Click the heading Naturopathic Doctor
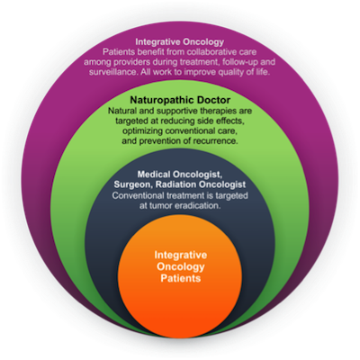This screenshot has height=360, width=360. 180,100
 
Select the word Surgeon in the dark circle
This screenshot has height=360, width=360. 133,184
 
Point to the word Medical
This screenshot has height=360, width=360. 153,174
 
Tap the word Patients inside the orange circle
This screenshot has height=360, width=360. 180,278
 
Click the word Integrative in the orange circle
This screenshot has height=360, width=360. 181,256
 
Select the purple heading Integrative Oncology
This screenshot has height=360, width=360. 180,41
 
